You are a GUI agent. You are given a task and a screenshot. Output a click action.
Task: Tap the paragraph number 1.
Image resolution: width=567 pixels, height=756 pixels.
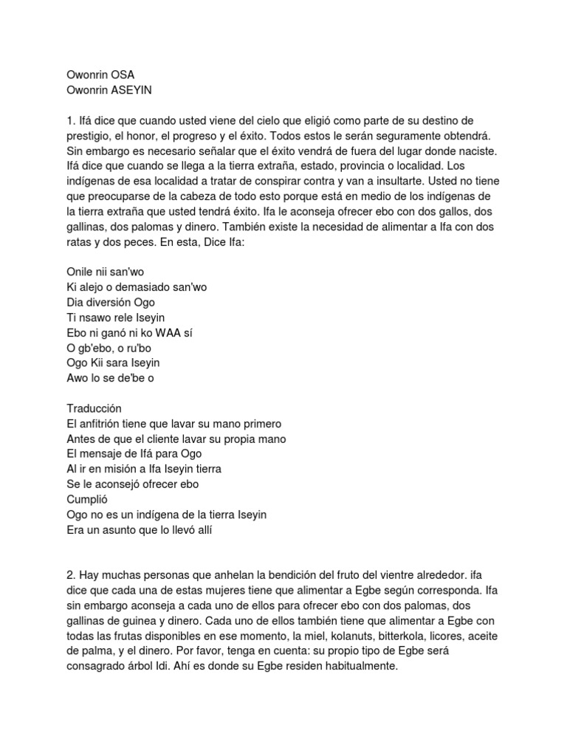(x=69, y=120)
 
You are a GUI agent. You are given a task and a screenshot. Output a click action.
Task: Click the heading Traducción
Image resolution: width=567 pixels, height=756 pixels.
(x=94, y=408)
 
